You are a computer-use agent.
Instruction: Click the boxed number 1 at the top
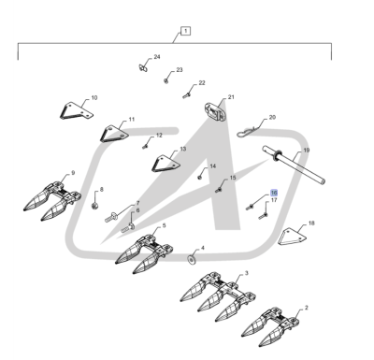[x=185, y=31]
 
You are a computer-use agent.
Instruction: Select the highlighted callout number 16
[x=274, y=193]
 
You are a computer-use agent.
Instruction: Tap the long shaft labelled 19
[x=294, y=165]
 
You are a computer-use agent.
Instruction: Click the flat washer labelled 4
[x=191, y=259]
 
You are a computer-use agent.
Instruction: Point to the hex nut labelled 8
[x=94, y=206]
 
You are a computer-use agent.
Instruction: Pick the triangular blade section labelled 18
[x=292, y=238]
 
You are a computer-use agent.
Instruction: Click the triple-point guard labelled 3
[x=218, y=295]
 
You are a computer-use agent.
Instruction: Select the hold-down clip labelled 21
[x=214, y=112]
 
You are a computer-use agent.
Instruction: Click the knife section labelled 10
[x=76, y=110]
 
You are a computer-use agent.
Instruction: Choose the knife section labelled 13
[x=166, y=164]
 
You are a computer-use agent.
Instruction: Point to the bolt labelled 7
[x=110, y=217]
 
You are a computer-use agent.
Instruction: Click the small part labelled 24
[x=143, y=67]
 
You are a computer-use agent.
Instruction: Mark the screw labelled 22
[x=187, y=95]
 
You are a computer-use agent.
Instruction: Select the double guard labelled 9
[x=52, y=201]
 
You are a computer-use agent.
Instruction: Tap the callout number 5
[x=164, y=225]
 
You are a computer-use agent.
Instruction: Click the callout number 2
[x=307, y=308]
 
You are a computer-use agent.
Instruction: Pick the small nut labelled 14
[x=200, y=177]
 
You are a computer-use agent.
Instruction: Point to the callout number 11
[x=132, y=119]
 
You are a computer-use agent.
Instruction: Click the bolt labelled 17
[x=263, y=215]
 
